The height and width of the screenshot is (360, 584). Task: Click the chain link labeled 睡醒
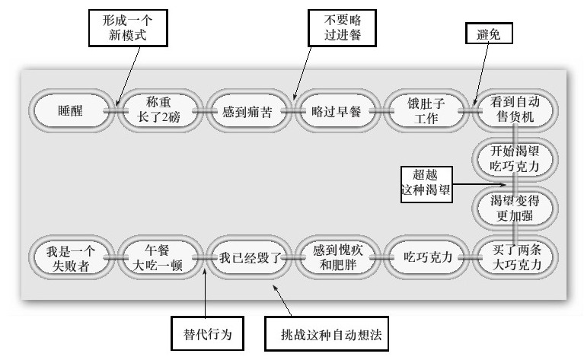tap(69, 110)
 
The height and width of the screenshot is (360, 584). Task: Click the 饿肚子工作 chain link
tap(423, 110)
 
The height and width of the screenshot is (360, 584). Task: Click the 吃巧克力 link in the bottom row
tap(423, 257)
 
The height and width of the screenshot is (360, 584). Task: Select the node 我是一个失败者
tap(69, 257)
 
